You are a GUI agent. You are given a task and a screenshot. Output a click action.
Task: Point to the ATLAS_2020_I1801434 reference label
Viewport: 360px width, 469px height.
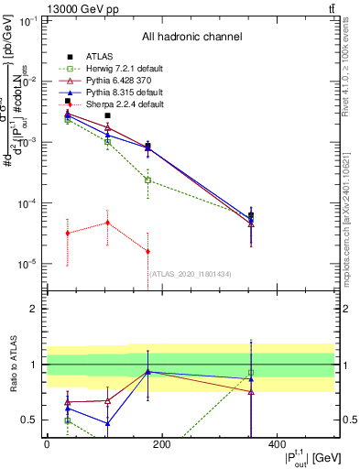191,273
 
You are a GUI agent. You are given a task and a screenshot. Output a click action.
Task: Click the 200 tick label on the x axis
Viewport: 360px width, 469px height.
161,444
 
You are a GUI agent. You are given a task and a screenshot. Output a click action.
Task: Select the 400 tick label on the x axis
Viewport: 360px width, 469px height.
277,444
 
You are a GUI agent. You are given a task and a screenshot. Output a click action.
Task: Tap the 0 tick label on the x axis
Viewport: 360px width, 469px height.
47,444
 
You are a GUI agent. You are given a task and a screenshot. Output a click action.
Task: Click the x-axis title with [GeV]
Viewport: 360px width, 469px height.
302,457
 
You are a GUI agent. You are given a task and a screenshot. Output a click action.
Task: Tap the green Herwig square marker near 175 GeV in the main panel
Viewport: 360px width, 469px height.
147,180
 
